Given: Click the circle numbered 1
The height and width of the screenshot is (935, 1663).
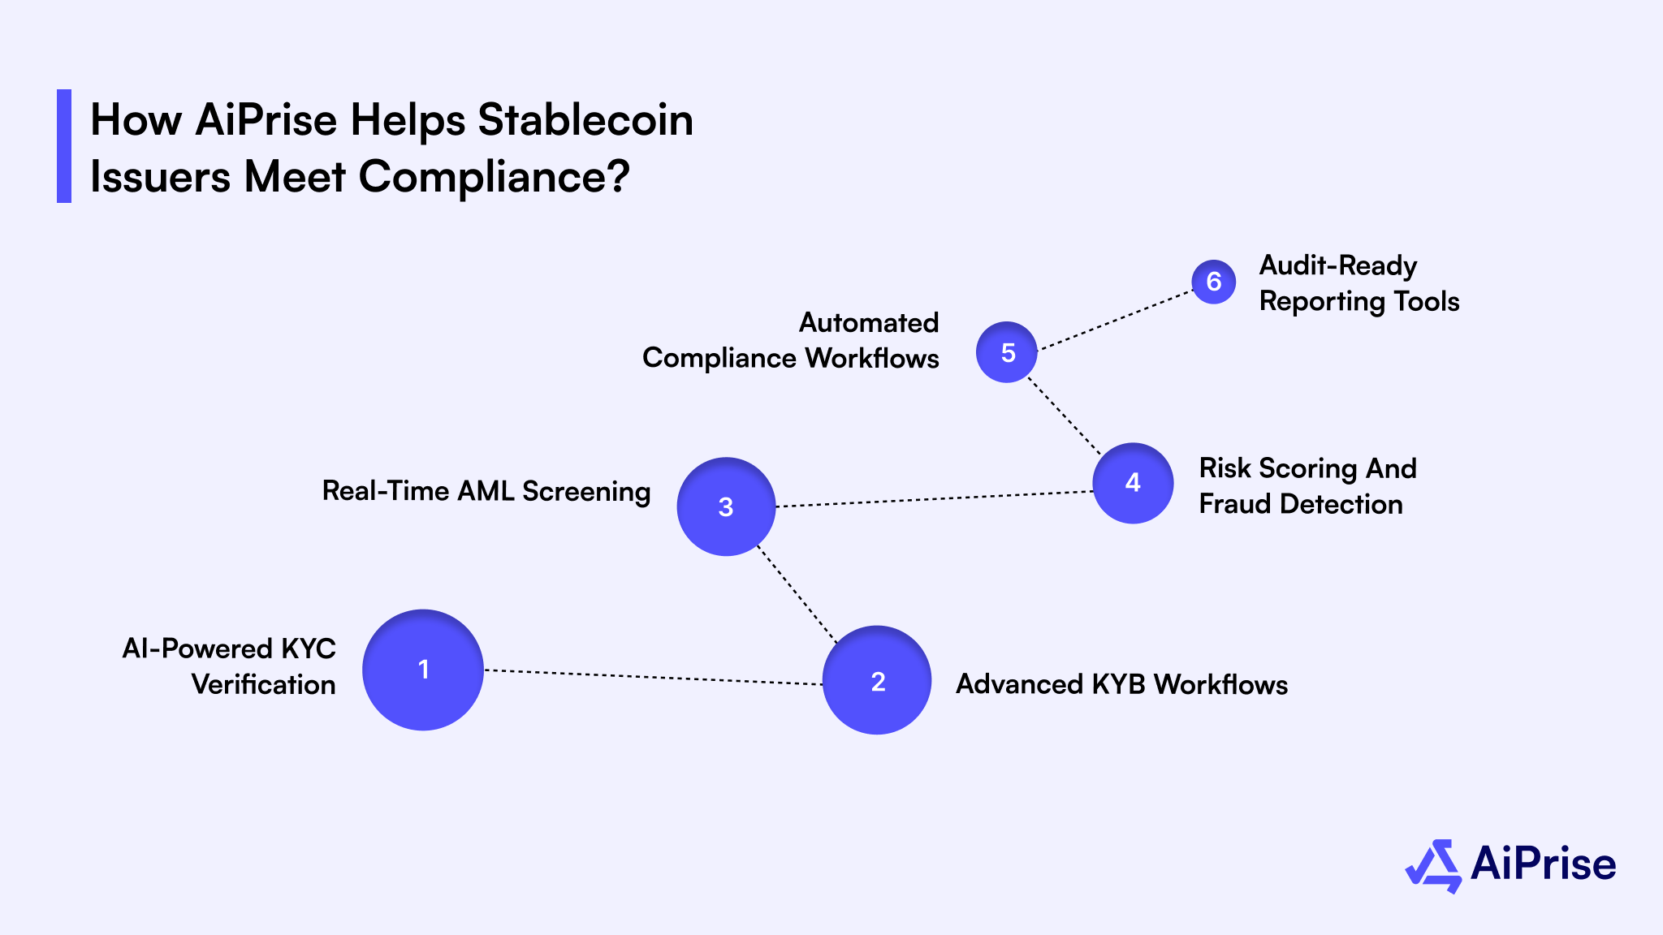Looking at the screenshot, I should [423, 670].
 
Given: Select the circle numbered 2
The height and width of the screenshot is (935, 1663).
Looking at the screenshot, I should [877, 680].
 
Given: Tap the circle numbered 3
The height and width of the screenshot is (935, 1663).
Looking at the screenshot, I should [726, 506].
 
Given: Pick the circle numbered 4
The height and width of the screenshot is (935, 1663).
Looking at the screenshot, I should [1133, 483].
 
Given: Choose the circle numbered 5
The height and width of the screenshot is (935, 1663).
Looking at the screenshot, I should [1007, 352].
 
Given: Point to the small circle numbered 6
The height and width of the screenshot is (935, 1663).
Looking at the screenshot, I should [1214, 282].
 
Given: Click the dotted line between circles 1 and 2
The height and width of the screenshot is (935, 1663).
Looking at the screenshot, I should [654, 677].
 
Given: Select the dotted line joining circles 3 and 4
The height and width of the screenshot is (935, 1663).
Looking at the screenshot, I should [934, 499].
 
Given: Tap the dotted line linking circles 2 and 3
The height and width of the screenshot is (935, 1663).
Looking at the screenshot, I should [797, 593].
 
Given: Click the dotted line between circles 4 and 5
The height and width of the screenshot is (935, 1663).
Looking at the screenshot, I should [1065, 416].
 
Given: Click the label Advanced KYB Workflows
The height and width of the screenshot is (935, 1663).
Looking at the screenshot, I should [1121, 684].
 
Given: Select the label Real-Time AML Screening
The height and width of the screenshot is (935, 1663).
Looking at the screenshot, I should [486, 491].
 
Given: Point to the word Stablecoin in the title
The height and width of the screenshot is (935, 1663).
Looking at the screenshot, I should [585, 120].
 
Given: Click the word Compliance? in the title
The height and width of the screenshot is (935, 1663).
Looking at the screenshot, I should [494, 176].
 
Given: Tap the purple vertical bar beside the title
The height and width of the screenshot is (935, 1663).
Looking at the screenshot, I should [64, 146].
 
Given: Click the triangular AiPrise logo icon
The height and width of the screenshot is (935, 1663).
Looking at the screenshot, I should [1433, 866].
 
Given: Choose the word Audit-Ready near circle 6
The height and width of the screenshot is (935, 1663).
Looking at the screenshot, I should [1338, 265].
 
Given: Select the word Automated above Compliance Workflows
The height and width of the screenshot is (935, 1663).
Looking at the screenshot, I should [869, 322].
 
